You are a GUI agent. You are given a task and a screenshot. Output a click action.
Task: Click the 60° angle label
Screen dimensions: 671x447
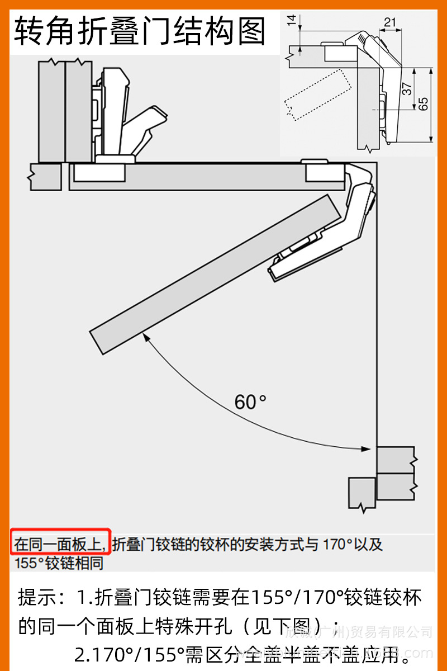click(x=250, y=401)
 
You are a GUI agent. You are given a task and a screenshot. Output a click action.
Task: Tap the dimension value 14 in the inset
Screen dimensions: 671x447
click(x=291, y=21)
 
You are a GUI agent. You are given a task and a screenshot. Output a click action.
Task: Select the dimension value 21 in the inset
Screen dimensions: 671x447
click(x=390, y=22)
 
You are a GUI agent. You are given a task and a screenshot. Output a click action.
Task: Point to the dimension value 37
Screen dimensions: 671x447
click(x=407, y=89)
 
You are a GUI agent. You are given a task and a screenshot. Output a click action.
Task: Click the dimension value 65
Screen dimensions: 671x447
click(x=423, y=104)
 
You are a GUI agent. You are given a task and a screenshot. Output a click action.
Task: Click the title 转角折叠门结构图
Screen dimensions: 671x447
click(x=140, y=31)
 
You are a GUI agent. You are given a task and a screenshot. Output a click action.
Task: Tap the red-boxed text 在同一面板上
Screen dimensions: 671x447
click(x=60, y=544)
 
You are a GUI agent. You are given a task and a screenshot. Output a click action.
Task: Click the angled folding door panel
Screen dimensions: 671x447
click(x=218, y=274)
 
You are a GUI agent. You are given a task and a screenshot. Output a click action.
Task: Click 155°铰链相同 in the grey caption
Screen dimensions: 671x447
click(x=59, y=563)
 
